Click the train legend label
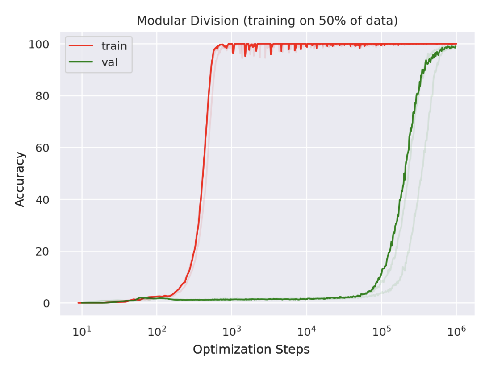[114, 46]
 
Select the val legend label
[109, 62]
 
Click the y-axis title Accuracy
[20, 179]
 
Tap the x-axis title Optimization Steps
[251, 350]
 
